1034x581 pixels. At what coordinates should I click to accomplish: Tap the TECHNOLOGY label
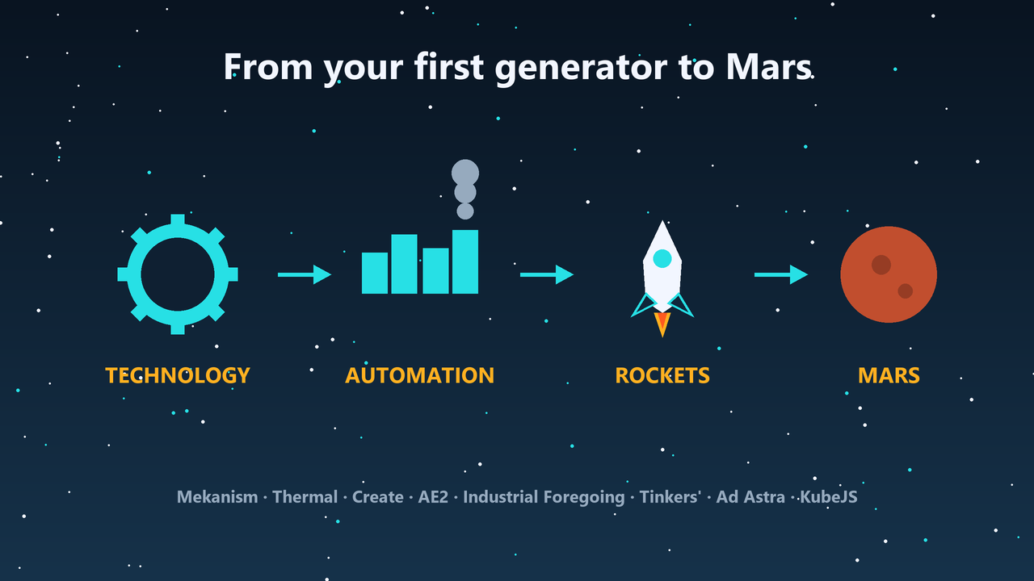tap(178, 375)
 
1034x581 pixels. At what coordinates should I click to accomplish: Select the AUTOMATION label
tap(419, 375)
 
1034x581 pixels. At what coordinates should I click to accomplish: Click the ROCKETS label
tap(662, 375)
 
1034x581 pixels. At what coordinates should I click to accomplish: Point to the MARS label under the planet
tap(889, 375)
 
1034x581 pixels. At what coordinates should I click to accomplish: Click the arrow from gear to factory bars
tap(305, 274)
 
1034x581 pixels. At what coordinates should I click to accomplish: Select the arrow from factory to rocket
tap(547, 274)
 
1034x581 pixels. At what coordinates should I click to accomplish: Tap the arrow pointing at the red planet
tap(781, 274)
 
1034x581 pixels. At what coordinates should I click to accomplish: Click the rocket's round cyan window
tap(662, 259)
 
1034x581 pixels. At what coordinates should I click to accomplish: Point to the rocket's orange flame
tap(662, 324)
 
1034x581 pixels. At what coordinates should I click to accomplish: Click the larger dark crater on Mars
tap(881, 265)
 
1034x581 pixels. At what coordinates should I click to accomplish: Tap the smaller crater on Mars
tap(906, 291)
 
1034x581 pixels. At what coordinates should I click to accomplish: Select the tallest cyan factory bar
tap(465, 262)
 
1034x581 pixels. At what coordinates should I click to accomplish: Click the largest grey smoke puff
tap(465, 173)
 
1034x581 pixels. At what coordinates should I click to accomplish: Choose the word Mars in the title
tap(768, 67)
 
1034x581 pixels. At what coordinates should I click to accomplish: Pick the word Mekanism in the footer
tap(217, 497)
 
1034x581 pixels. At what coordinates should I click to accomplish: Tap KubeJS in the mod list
tap(829, 497)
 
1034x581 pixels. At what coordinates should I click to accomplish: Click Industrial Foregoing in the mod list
tap(544, 498)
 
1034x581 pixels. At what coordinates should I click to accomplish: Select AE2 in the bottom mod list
tap(433, 497)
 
